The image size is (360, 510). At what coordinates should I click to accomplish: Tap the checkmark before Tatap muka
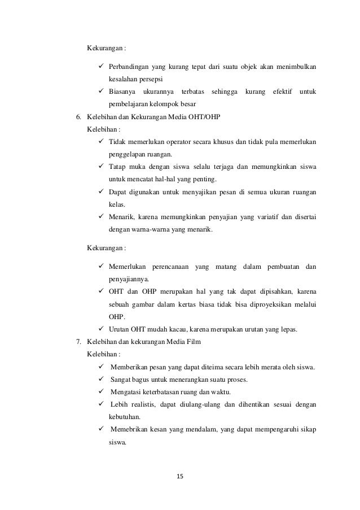pos(101,167)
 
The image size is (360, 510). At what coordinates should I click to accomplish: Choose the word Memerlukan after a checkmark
pos(128,266)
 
